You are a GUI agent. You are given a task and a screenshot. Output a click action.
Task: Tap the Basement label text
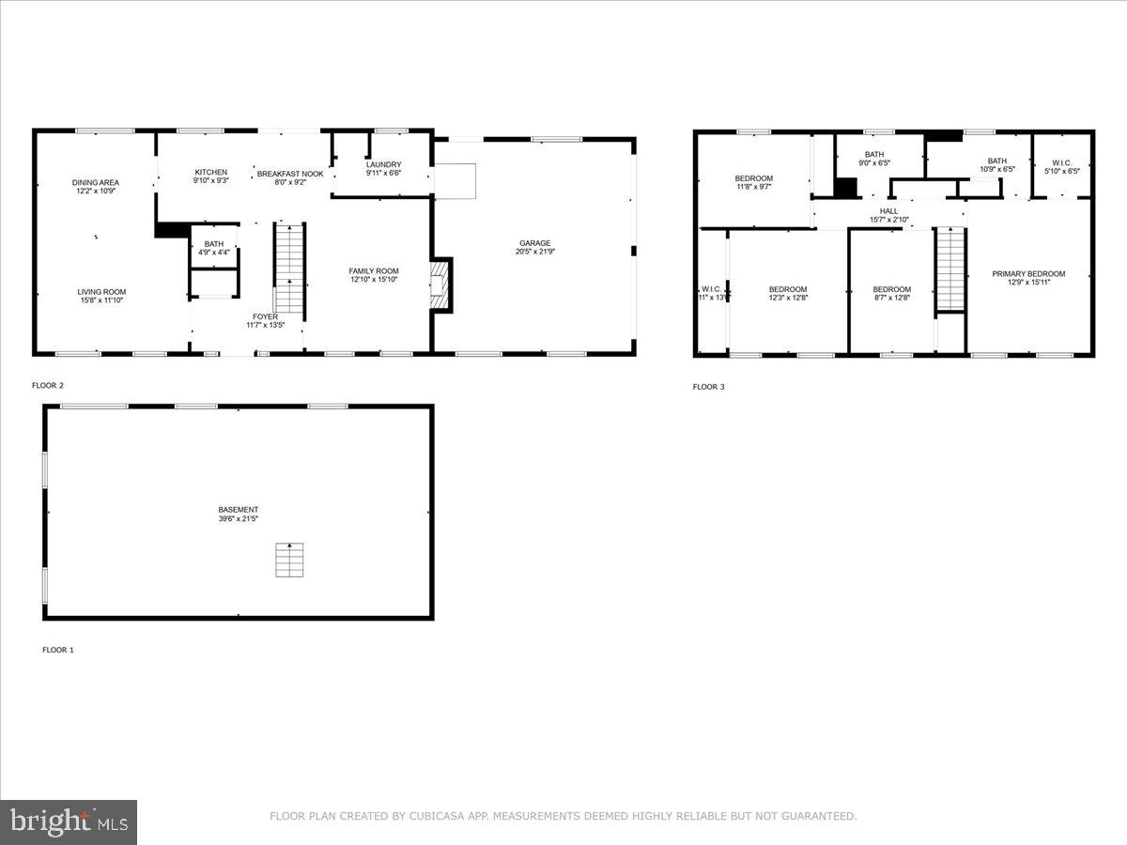click(x=238, y=510)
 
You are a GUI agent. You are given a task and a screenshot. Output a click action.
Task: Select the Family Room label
click(x=374, y=271)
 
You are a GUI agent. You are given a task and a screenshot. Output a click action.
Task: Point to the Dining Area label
click(x=96, y=182)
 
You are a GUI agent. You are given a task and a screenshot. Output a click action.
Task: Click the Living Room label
click(x=101, y=292)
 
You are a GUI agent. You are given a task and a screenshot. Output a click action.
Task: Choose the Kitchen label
click(x=210, y=172)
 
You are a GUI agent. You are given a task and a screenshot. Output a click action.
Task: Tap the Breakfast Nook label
click(x=290, y=174)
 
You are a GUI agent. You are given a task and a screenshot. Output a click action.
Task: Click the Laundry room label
click(x=383, y=164)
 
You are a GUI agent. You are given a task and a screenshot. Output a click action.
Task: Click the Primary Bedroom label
click(x=1028, y=274)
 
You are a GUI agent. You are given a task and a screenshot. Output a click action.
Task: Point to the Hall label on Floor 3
click(x=888, y=211)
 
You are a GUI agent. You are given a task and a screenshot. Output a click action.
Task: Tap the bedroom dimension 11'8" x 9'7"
click(x=753, y=187)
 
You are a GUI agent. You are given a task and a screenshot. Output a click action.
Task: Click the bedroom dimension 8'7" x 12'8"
click(x=891, y=298)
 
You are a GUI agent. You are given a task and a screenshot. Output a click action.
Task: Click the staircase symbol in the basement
click(x=289, y=561)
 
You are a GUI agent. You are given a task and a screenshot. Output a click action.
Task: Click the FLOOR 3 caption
click(x=709, y=387)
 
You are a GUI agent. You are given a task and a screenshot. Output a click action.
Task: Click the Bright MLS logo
click(x=69, y=822)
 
